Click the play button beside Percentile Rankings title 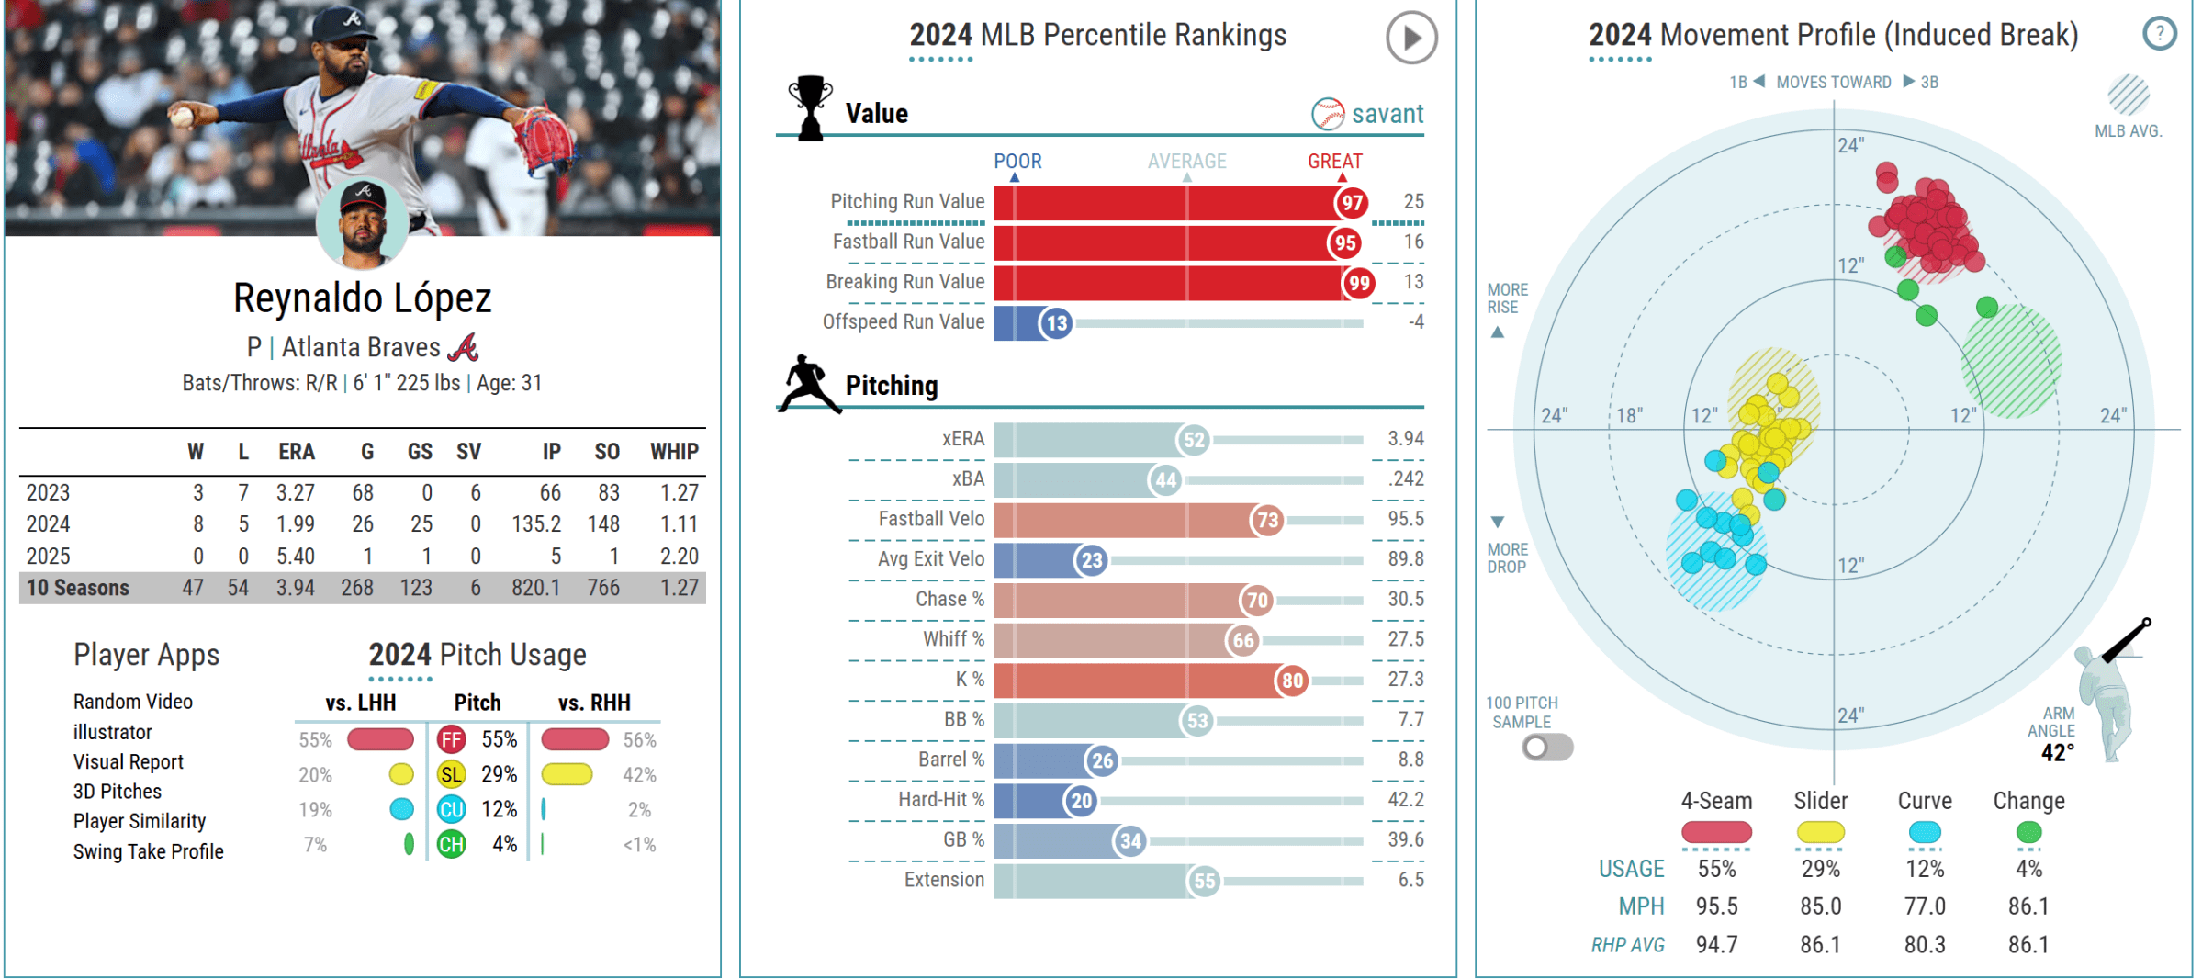click(x=1411, y=38)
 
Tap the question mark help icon click(x=2159, y=35)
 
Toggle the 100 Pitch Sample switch click(x=1547, y=748)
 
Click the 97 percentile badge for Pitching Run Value click(x=1352, y=203)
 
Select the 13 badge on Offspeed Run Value click(x=1057, y=323)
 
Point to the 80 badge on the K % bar click(x=1292, y=681)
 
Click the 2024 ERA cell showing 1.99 click(x=296, y=524)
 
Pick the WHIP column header click(x=674, y=452)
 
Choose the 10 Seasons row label click(x=78, y=588)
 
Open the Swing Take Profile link click(x=149, y=851)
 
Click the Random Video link click(x=133, y=702)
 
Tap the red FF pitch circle click(x=451, y=740)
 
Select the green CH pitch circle click(x=451, y=844)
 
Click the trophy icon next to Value click(x=810, y=108)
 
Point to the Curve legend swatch click(x=1924, y=832)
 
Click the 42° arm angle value click(x=2057, y=753)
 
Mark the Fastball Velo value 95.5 click(x=1406, y=519)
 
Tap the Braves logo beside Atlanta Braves click(x=464, y=348)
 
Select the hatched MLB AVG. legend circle click(x=2128, y=96)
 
